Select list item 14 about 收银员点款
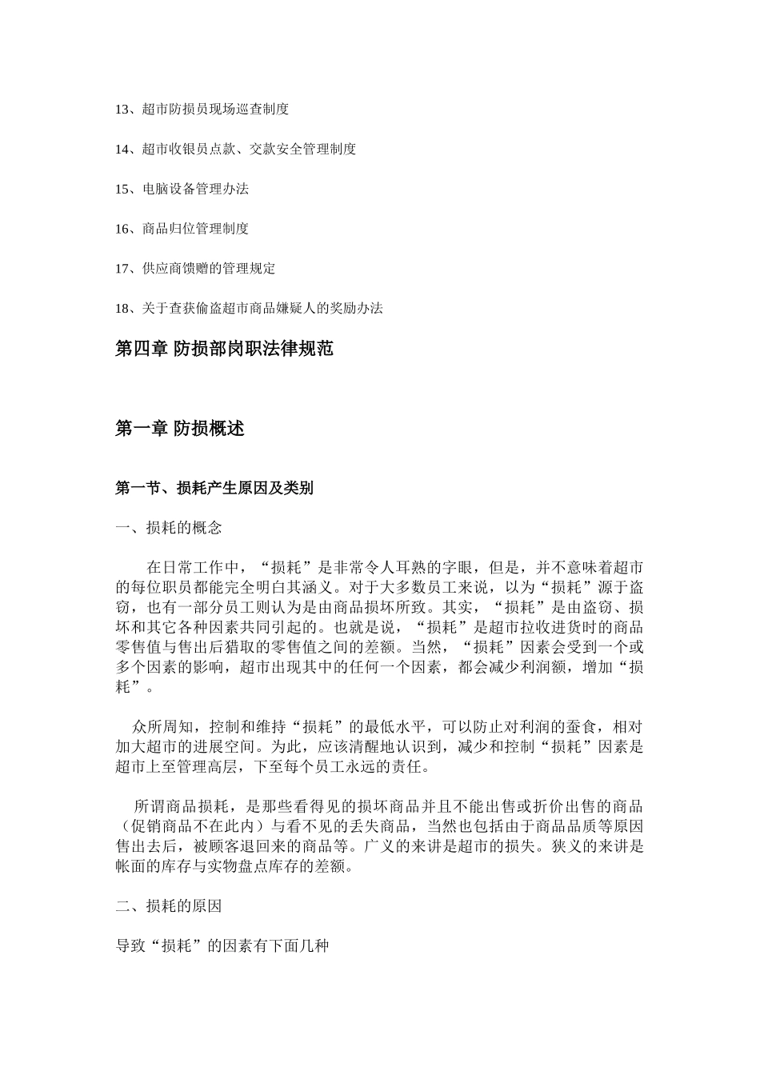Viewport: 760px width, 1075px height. tap(236, 149)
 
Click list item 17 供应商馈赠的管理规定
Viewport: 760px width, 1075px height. tap(195, 269)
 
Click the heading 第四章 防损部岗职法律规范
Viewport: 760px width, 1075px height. tap(224, 349)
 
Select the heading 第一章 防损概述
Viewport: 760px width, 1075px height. tap(180, 429)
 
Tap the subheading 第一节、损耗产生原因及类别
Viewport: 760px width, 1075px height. tap(214, 488)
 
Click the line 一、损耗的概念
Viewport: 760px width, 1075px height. tap(169, 528)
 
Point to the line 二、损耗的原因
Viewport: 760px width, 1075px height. tap(169, 906)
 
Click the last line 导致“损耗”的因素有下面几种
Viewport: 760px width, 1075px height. tap(222, 946)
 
